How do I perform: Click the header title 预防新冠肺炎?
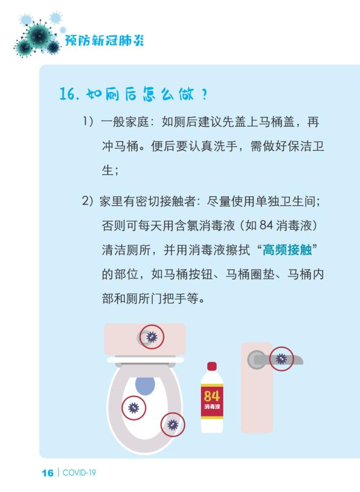tap(104, 40)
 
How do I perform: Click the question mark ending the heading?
tap(204, 94)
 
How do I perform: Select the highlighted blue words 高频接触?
tap(287, 250)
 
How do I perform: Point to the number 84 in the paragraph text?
tap(266, 226)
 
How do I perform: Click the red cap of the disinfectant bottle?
tap(212, 366)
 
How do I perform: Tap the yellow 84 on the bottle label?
tap(212, 396)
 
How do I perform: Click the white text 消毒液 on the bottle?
tap(212, 406)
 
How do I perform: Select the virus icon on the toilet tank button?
tap(152, 337)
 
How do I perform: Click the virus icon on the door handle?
tap(281, 359)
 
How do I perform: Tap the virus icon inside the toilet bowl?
tap(133, 408)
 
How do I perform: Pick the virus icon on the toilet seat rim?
tap(173, 424)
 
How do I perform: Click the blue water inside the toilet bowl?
tap(145, 385)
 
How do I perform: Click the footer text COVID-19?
tap(79, 473)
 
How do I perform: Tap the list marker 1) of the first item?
tap(88, 121)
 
